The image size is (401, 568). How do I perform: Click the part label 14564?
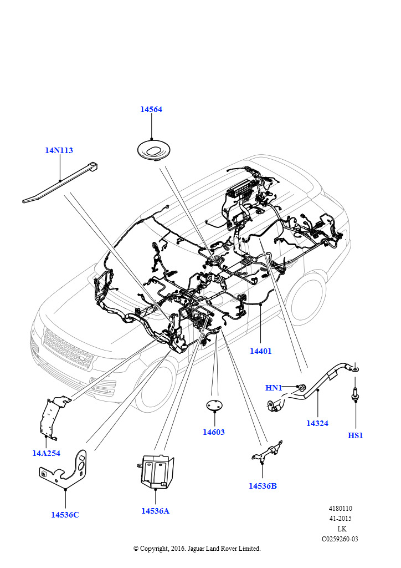[151, 110]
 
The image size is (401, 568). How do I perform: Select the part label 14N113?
[59, 150]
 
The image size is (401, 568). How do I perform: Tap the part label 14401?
[260, 351]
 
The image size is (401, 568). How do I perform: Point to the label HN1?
[274, 388]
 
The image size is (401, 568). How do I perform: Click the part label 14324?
[317, 423]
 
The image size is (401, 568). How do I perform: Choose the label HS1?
[355, 435]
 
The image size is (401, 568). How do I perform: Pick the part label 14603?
[214, 432]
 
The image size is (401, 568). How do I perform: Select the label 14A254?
[46, 453]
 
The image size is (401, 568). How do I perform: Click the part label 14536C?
[65, 515]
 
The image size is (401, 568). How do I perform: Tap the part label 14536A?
[155, 511]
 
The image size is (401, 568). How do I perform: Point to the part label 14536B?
[263, 486]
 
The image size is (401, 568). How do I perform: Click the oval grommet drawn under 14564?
[152, 150]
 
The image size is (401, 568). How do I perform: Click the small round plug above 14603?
[214, 406]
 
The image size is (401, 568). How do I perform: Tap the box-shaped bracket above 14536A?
[156, 471]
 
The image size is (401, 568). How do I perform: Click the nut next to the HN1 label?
[302, 387]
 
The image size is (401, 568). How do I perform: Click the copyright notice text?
[197, 549]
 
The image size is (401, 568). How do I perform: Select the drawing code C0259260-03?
[340, 539]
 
